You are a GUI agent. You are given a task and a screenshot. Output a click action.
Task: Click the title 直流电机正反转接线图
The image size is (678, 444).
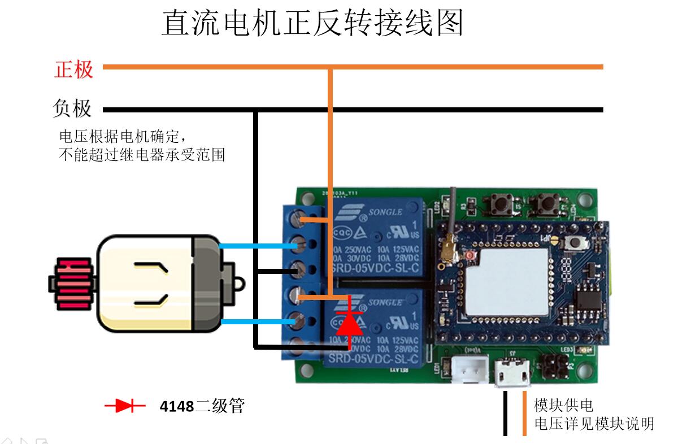click(312, 23)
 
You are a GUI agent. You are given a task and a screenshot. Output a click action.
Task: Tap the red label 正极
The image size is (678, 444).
click(73, 69)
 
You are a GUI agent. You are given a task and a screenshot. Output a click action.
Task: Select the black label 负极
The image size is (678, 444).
click(72, 108)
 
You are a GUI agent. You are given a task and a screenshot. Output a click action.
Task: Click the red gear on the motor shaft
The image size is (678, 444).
click(72, 284)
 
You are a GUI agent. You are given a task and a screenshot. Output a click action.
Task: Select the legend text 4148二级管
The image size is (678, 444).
click(202, 406)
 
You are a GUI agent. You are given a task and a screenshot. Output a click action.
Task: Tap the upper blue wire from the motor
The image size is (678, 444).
click(257, 246)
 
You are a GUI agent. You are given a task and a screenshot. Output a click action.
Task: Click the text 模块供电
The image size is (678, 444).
click(563, 405)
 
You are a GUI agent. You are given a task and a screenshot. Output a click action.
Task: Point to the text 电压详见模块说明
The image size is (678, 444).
click(594, 423)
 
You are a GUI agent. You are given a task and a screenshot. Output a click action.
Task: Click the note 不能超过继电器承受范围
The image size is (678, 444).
click(142, 154)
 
